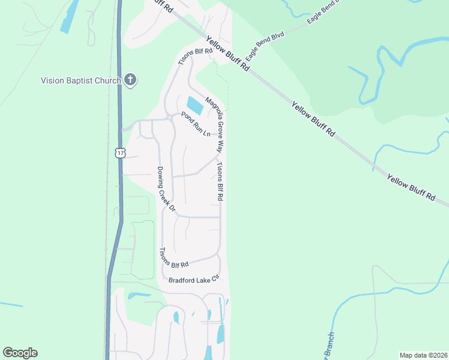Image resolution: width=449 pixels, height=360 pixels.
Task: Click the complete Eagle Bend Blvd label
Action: (x=264, y=48)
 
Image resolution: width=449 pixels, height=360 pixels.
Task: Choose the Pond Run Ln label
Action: (x=195, y=124)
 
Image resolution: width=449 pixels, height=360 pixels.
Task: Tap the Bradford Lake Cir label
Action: (x=195, y=279)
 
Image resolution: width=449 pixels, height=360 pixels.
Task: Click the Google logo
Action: (x=20, y=353)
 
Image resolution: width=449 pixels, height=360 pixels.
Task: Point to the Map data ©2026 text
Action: (x=423, y=355)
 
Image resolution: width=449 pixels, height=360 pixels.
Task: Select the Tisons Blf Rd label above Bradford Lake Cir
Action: (x=174, y=258)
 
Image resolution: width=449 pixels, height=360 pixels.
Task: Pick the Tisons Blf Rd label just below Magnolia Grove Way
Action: (x=220, y=181)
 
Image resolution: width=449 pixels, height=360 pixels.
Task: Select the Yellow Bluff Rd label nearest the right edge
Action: (x=411, y=187)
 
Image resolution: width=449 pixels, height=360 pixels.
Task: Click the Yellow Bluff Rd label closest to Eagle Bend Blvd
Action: (x=228, y=53)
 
